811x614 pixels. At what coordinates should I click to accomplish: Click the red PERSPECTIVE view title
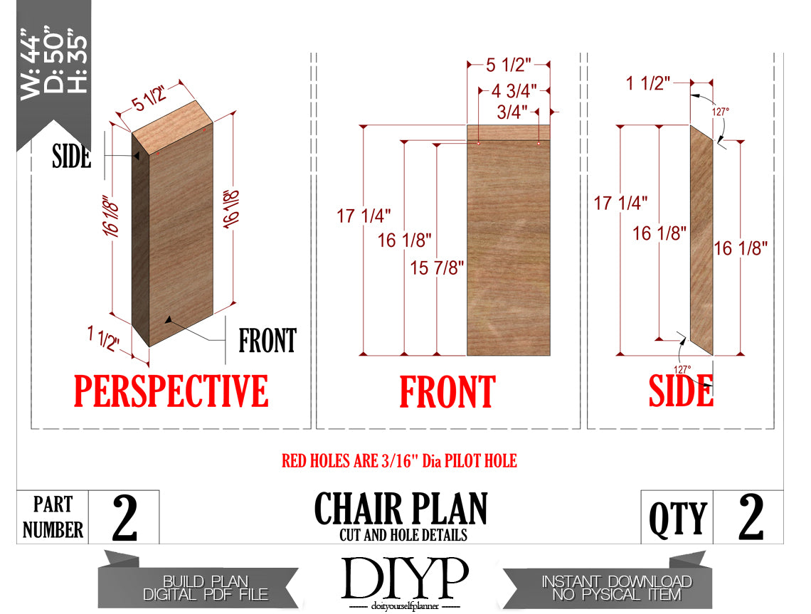coord(171,391)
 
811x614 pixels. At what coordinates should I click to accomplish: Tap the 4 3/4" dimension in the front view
coord(514,91)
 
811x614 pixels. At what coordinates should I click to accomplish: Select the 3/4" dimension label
coord(512,112)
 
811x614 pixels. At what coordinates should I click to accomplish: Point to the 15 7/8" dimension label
coord(437,268)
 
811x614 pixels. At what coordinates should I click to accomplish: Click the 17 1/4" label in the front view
coord(364,216)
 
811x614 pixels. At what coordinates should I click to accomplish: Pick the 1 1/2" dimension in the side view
coord(647,83)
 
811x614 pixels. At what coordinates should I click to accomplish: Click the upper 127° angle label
coord(721,112)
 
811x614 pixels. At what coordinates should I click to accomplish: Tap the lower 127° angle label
coord(682,369)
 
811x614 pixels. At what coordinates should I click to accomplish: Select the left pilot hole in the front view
coord(479,143)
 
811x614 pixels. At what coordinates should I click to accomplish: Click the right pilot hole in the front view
coord(539,143)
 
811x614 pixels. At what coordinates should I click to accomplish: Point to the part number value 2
coord(124,518)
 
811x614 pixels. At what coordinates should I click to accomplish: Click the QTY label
coord(677,519)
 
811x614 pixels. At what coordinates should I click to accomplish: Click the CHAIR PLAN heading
coord(401,509)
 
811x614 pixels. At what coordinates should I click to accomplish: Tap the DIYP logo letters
coord(405,578)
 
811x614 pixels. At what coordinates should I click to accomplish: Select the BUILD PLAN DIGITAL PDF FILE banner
coord(206,588)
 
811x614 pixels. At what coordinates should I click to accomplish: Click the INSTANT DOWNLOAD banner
coord(617,588)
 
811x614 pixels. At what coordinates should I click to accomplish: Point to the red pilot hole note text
coord(399,461)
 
